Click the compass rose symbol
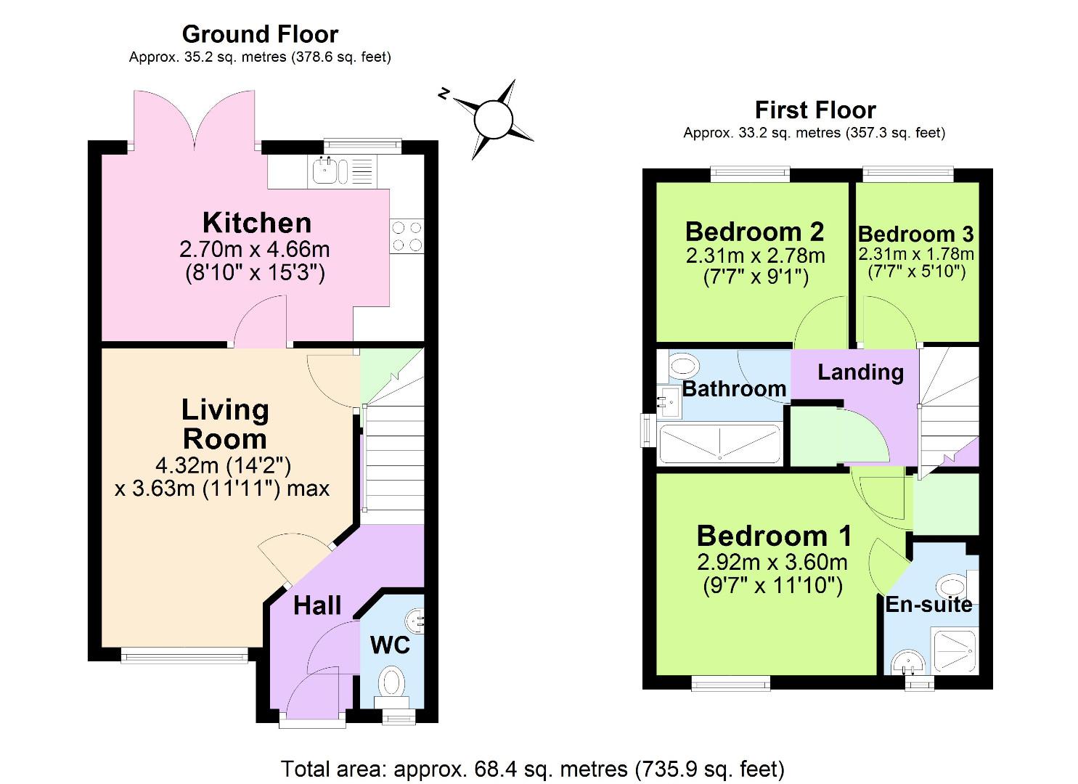(493, 119)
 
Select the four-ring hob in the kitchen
(407, 237)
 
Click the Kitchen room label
(257, 223)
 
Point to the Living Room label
(224, 425)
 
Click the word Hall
(317, 605)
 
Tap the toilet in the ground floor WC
(393, 682)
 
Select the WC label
(390, 645)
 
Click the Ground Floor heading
(260, 34)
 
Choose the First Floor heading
(815, 110)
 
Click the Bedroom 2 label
(754, 232)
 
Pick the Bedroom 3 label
(915, 234)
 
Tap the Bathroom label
(734, 389)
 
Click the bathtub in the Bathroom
(719, 444)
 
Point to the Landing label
(860, 372)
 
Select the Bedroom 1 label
(774, 536)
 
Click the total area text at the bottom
(532, 768)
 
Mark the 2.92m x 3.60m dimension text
(772, 562)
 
